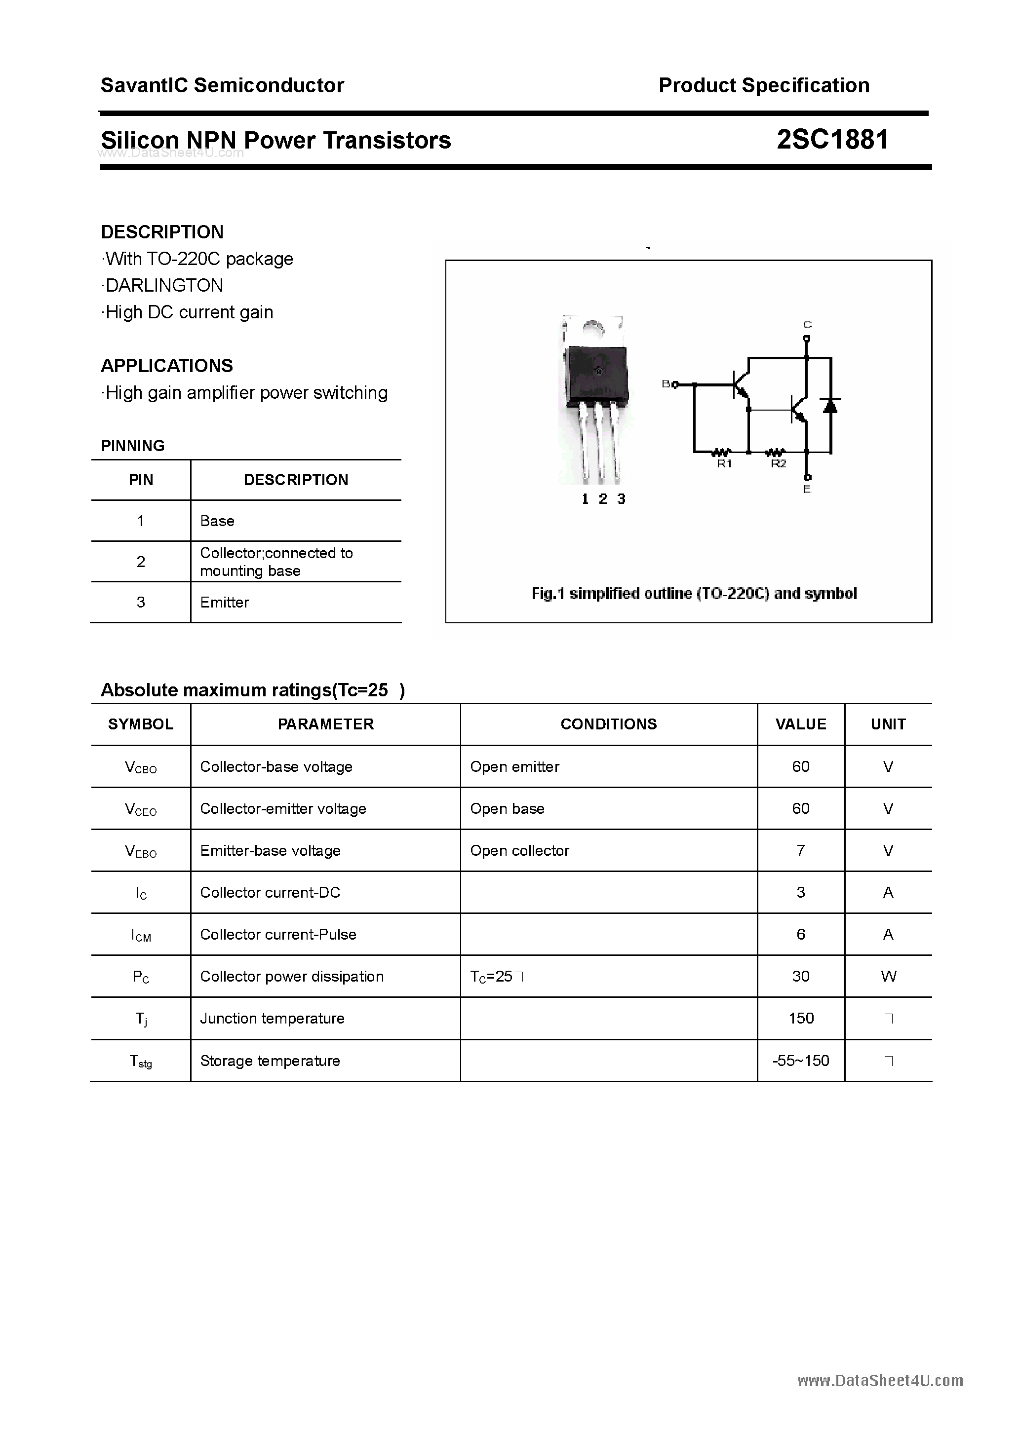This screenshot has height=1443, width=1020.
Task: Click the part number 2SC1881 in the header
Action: [x=832, y=140]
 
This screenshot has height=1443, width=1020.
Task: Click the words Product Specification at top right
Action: [x=763, y=85]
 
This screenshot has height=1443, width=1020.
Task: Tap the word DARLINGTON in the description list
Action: [x=164, y=285]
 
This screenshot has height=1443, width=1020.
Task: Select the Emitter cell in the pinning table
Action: [x=225, y=602]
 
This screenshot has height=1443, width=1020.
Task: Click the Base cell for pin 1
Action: [x=217, y=521]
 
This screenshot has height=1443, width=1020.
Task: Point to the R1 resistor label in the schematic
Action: [x=724, y=464]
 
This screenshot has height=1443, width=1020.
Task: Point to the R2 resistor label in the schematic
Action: [x=779, y=464]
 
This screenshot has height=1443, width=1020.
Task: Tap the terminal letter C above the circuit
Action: [x=807, y=324]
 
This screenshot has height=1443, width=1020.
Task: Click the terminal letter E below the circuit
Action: [x=807, y=489]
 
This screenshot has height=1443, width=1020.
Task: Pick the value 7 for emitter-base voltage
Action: [x=800, y=850]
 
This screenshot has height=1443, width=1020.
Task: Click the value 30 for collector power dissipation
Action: [x=800, y=976]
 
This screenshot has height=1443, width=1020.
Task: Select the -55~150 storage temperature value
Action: [x=800, y=1061]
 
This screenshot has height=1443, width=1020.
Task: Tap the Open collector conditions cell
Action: [x=519, y=850]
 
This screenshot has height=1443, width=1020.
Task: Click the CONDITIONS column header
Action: [x=608, y=724]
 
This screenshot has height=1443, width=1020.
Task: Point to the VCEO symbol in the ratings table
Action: [x=141, y=809]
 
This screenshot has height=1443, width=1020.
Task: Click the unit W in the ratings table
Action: [x=888, y=976]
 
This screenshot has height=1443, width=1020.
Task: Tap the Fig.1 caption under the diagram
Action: [x=694, y=593]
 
